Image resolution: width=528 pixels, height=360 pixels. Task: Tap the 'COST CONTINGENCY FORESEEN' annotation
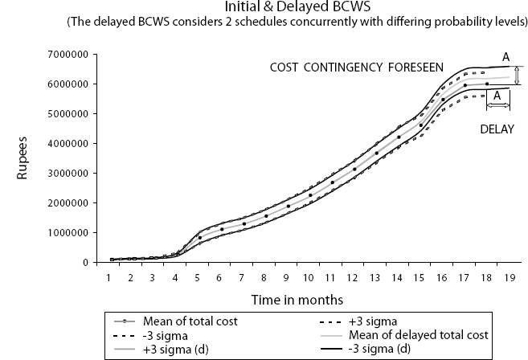(x=356, y=69)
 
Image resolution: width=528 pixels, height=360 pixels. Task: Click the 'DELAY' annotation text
(x=498, y=128)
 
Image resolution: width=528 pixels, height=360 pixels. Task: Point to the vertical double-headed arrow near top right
(x=517, y=76)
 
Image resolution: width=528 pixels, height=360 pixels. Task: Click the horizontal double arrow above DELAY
(x=498, y=106)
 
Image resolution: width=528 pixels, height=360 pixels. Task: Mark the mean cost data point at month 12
(x=354, y=170)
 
